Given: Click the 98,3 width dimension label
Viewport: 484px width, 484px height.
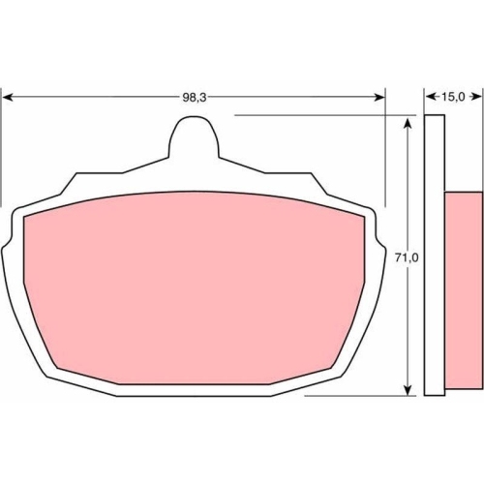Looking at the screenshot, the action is coord(195,97).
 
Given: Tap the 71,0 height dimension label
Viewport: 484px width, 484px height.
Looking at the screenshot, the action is coord(407,257).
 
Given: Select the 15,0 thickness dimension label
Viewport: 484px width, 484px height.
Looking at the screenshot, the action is coord(453,97).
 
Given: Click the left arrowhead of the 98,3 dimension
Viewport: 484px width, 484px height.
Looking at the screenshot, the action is coord(7,97).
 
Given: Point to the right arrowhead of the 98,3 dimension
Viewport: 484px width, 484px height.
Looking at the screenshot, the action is coord(379,97).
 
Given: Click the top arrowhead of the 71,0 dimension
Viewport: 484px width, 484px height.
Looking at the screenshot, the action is coord(408,124).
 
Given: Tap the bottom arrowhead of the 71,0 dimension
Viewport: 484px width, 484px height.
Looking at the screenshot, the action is coord(408,390).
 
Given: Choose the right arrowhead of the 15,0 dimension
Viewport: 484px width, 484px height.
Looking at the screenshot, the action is coord(477,97).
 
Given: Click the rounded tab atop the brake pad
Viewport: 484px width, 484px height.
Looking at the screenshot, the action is coord(194,137).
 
